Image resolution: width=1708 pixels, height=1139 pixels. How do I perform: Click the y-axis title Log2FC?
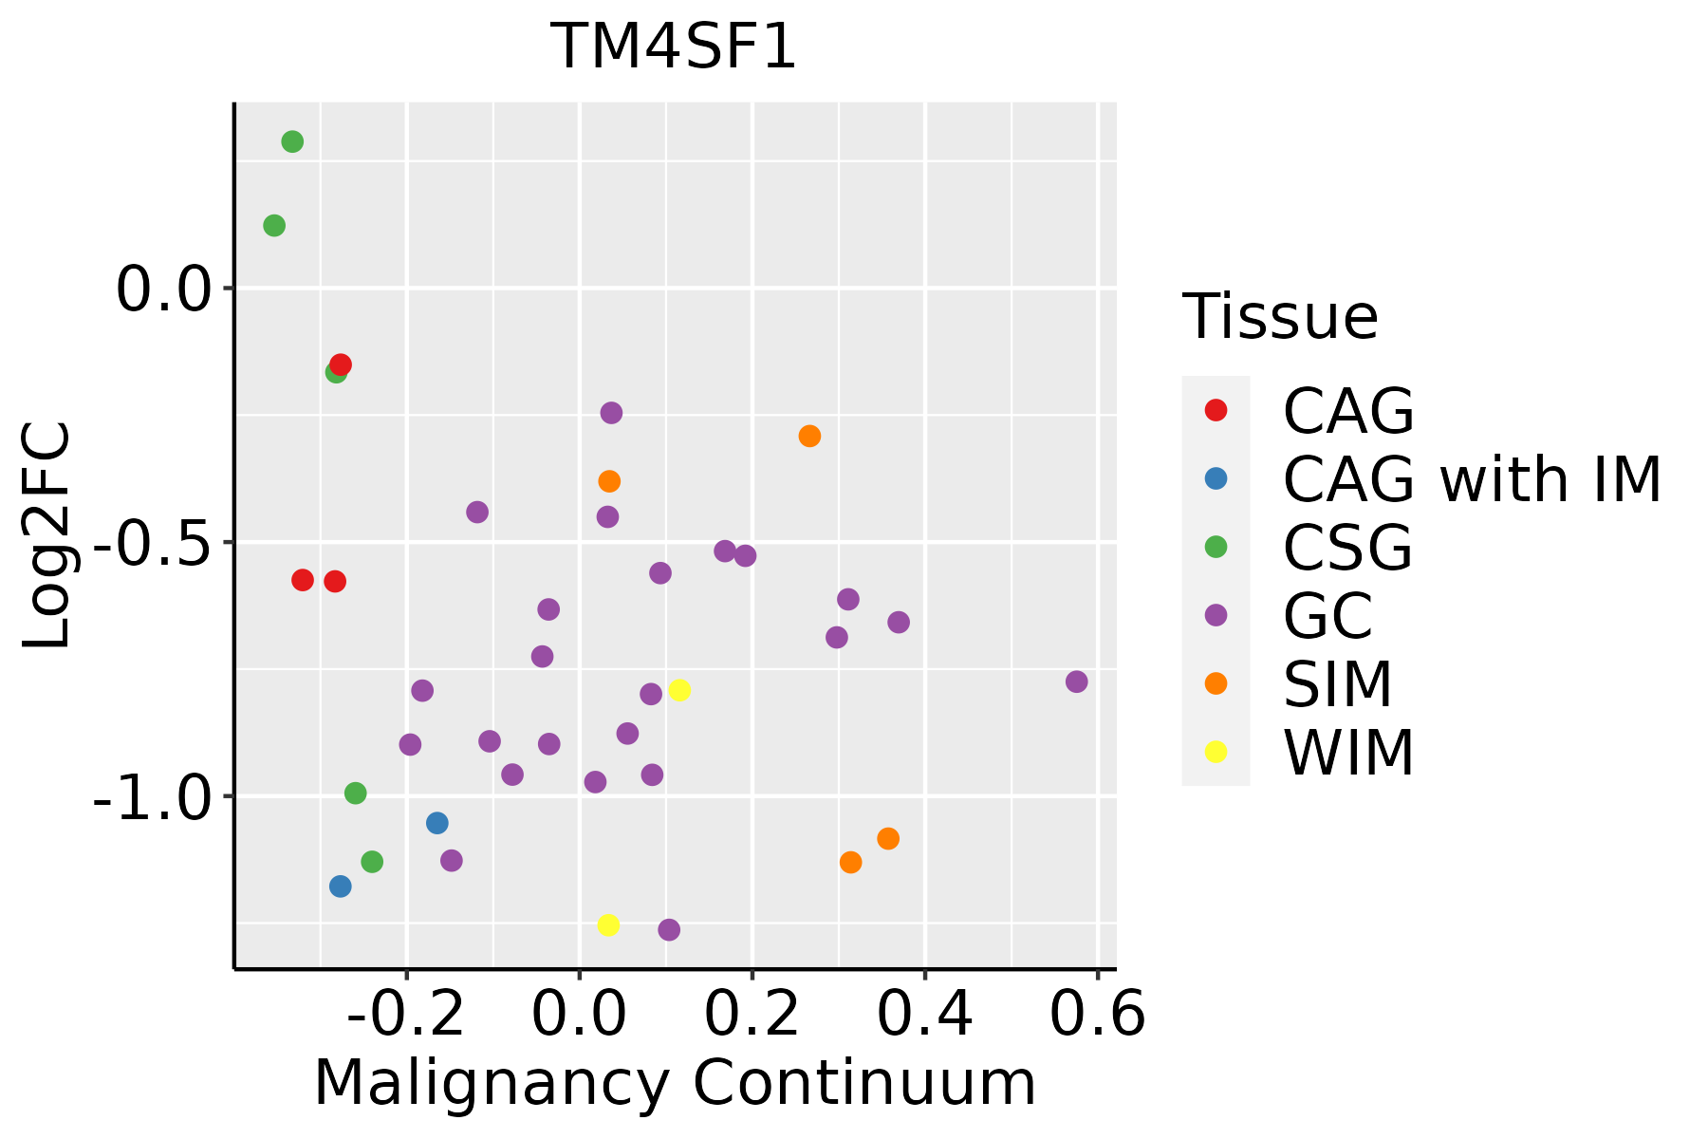click(x=47, y=535)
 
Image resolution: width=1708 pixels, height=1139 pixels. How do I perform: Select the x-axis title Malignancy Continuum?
click(x=675, y=1083)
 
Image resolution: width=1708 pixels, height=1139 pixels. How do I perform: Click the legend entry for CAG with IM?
click(x=1472, y=479)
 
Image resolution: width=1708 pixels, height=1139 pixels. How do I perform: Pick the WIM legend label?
click(x=1347, y=753)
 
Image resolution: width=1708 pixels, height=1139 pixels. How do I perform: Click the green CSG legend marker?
click(x=1216, y=547)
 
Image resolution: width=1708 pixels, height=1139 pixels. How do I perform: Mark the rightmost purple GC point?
click(x=1076, y=682)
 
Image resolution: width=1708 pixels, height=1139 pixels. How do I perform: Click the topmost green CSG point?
click(x=292, y=141)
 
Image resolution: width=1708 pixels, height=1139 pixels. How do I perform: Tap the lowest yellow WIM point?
click(x=608, y=924)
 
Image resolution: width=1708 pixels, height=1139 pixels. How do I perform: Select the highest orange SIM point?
click(x=809, y=437)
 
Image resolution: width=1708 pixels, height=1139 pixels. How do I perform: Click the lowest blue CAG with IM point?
click(x=340, y=887)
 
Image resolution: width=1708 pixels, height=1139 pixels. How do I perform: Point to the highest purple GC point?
click(x=611, y=413)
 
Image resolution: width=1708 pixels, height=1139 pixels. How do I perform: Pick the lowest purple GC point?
click(x=669, y=929)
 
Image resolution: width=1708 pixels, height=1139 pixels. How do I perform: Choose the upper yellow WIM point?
click(x=678, y=690)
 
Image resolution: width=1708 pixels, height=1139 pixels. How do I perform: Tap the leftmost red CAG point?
click(x=303, y=580)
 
